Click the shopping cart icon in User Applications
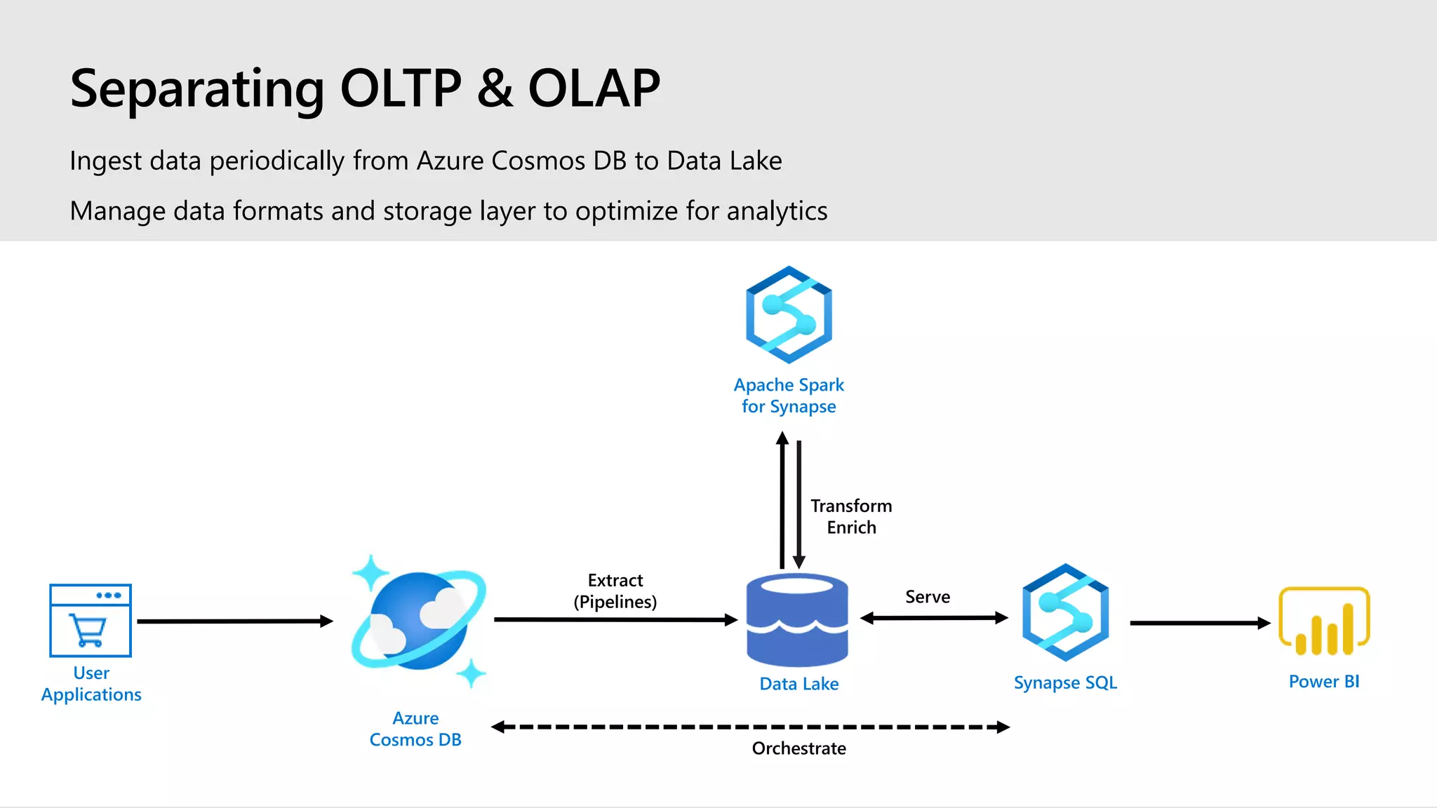pos(88,629)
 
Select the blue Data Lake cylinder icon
pos(797,619)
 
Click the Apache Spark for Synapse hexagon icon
pos(789,314)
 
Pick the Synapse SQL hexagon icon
pos(1065,612)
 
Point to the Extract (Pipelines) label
pos(615,591)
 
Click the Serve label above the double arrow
pos(928,597)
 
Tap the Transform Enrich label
pos(851,517)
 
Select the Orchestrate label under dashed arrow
pos(798,748)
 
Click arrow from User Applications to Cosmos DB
pos(235,621)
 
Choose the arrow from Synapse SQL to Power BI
pos(1200,623)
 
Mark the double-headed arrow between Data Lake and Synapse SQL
pos(934,618)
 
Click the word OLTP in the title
pos(401,88)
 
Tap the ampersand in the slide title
pos(495,88)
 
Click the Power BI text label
pos(1324,682)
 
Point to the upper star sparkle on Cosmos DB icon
pos(370,573)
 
